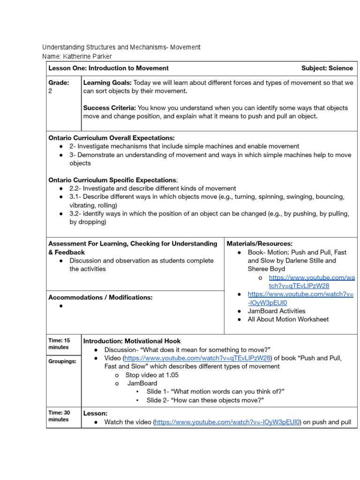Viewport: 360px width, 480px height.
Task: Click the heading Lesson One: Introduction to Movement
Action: click(109, 68)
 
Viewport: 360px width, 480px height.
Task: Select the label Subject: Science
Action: click(327, 68)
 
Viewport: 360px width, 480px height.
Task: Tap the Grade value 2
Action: click(51, 91)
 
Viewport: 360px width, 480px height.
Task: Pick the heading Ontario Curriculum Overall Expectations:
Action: click(112, 138)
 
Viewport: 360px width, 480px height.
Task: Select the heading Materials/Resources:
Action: click(260, 244)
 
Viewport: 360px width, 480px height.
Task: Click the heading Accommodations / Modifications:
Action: click(101, 298)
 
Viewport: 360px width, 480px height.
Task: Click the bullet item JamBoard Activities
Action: click(276, 311)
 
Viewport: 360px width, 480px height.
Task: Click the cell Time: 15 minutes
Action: click(59, 344)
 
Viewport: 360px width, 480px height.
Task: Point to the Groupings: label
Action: click(62, 361)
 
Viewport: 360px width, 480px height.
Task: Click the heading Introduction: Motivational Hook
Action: click(132, 341)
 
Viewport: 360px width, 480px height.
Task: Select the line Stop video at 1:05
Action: click(152, 375)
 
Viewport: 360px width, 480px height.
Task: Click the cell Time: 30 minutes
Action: click(59, 416)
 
